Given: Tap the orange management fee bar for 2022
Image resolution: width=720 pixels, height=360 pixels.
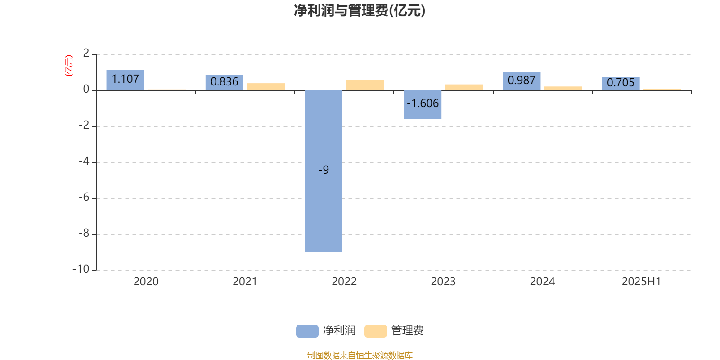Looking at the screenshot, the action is pyautogui.click(x=365, y=85).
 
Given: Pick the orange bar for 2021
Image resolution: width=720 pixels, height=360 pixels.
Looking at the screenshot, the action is pyautogui.click(x=266, y=87).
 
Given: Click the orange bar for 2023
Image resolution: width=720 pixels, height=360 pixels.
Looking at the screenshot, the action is pyautogui.click(x=464, y=87).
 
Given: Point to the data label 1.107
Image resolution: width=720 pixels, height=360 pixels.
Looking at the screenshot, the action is pyautogui.click(x=125, y=79).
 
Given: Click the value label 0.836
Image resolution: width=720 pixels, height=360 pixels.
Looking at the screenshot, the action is pyautogui.click(x=225, y=81).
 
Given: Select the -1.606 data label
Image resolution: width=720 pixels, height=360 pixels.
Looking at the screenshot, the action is pyautogui.click(x=423, y=103).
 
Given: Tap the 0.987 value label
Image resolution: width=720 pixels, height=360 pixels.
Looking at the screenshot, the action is pyautogui.click(x=522, y=81).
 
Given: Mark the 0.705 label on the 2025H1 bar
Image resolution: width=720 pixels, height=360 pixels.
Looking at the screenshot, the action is pyautogui.click(x=621, y=83).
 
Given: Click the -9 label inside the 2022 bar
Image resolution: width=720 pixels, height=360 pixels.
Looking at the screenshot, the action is pyautogui.click(x=324, y=170).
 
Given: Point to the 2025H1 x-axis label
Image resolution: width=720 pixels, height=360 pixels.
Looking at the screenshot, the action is pyautogui.click(x=641, y=282).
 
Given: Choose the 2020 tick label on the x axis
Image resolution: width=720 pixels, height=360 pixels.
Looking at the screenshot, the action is pyautogui.click(x=146, y=282).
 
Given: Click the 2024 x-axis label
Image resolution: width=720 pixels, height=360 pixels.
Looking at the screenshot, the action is pyautogui.click(x=542, y=282).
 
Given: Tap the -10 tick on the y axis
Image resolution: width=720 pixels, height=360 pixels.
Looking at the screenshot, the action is pyautogui.click(x=81, y=269).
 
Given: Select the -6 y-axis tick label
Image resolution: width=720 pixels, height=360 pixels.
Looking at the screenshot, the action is pyautogui.click(x=84, y=197).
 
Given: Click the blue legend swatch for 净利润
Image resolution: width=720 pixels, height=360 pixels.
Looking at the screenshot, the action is pyautogui.click(x=307, y=331).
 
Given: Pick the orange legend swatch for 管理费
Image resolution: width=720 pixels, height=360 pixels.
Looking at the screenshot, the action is pyautogui.click(x=375, y=331).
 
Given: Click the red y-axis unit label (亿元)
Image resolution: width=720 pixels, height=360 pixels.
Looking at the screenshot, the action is pyautogui.click(x=69, y=66).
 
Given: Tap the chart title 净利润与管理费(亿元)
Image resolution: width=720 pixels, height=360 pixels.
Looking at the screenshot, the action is pyautogui.click(x=360, y=11).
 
